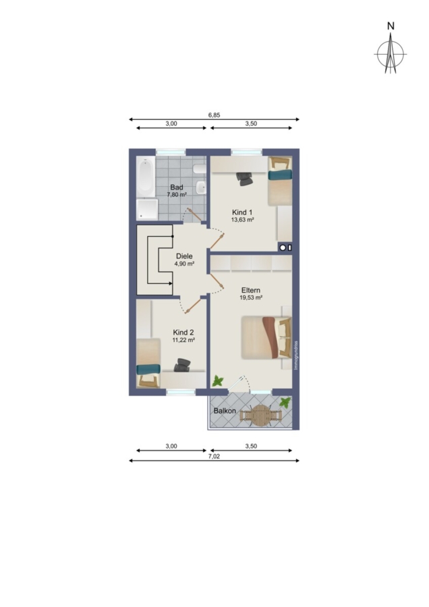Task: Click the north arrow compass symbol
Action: pos(391,53)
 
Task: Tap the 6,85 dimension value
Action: pos(214,115)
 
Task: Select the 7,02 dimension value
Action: pos(214,456)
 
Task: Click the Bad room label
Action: pos(177,187)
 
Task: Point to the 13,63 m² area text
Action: pos(242,219)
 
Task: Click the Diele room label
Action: pos(184,256)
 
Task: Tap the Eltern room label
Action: pos(251,290)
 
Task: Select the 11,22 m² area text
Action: pos(183,340)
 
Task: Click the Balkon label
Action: pos(225,411)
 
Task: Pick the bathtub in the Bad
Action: pos(146,177)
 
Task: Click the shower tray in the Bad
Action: pos(147,210)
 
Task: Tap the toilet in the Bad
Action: pos(200,169)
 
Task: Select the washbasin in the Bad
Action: pos(201,188)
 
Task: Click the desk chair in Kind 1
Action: pos(245,179)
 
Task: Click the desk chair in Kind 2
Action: pos(182,365)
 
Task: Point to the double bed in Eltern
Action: pos(266,338)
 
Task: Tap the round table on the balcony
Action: pos(260,415)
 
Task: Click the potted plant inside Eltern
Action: pos(218,381)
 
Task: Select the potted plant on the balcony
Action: pos(285,402)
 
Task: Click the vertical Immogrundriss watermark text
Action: pos(296,355)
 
